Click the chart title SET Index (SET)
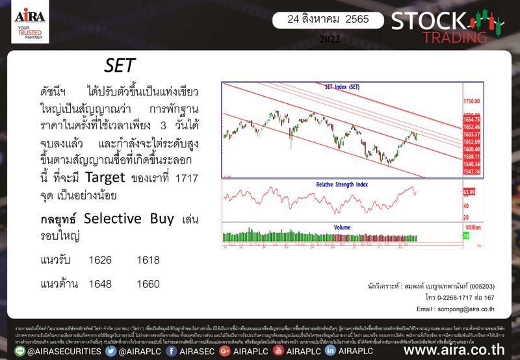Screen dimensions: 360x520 tap(342, 86)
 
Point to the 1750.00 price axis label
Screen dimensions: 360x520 tap(471, 101)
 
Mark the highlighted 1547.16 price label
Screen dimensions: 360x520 tap(472, 172)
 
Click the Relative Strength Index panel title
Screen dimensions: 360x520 tap(342, 185)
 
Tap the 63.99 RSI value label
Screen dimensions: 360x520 tap(471, 192)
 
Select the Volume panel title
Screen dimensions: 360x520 tap(342, 227)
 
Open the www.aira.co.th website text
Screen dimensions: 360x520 tap(459, 351)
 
